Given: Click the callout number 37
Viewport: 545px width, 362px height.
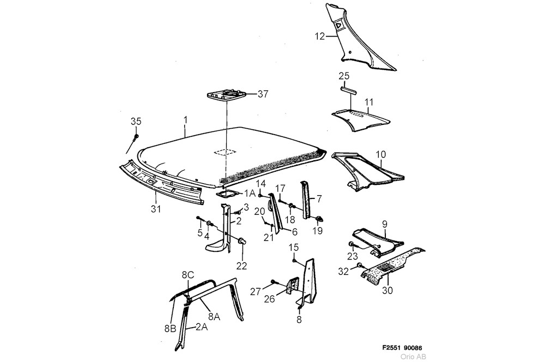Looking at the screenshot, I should (263, 94).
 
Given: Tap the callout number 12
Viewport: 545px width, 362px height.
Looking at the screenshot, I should (319, 37).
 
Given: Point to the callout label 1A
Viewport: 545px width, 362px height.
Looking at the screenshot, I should (249, 194).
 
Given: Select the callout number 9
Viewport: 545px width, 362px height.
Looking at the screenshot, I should (384, 223).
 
